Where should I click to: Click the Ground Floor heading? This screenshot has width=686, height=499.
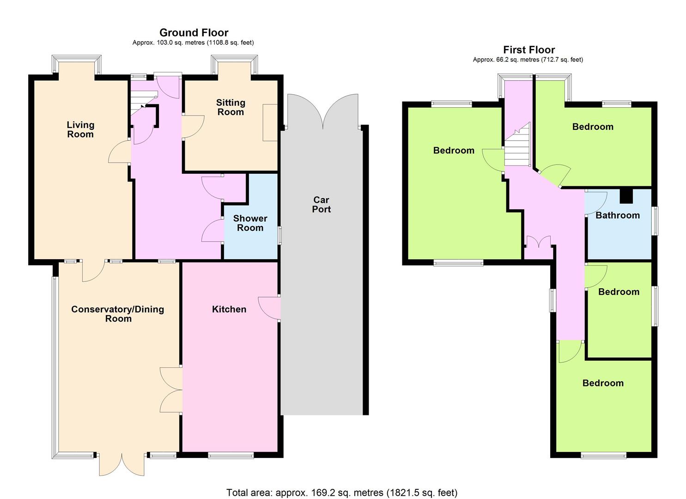[194, 32]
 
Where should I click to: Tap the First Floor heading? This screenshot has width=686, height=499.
[529, 49]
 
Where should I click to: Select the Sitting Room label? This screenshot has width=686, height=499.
[231, 107]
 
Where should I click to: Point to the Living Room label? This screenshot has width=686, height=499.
[80, 129]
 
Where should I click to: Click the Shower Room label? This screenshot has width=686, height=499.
[250, 223]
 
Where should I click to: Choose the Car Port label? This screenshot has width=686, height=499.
[321, 204]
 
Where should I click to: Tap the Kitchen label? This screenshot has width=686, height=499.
[229, 309]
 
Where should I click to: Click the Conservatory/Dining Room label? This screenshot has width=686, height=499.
[118, 314]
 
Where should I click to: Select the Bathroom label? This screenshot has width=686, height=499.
[618, 215]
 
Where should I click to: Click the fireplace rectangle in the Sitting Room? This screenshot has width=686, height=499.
[270, 122]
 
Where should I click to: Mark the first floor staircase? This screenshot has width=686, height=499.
[517, 144]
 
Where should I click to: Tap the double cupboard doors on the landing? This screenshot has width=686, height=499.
[538, 241]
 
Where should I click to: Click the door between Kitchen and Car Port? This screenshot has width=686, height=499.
[269, 308]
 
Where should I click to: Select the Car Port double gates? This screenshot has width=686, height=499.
[322, 111]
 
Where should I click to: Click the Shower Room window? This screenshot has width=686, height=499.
[279, 235]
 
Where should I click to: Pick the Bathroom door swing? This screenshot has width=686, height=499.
[595, 203]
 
